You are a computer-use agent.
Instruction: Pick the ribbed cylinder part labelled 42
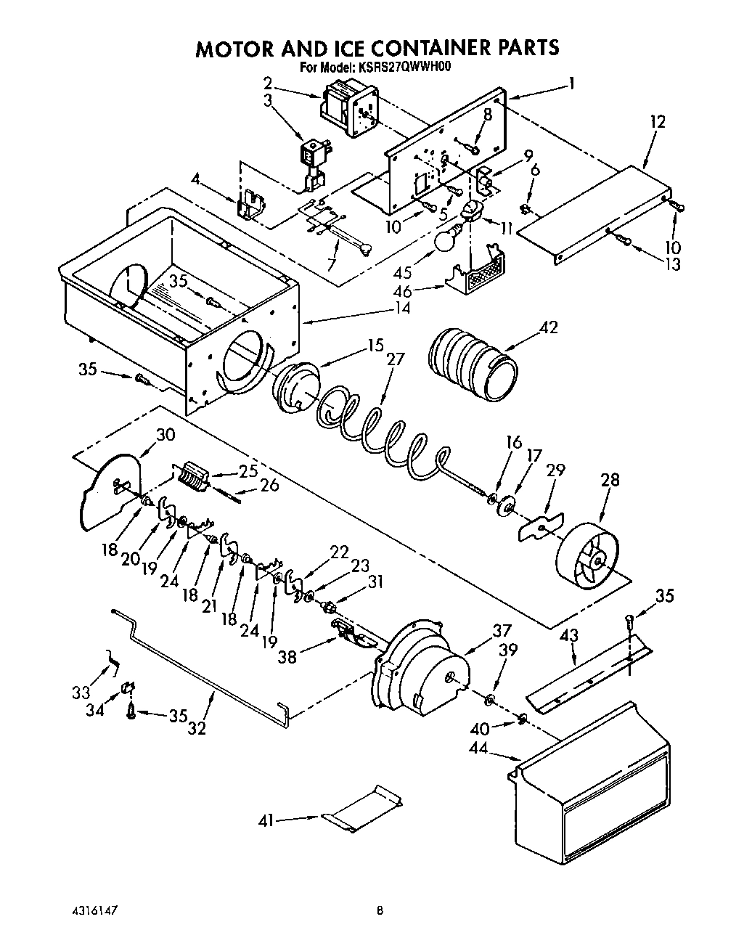[473, 364]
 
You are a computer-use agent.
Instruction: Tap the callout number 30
[165, 434]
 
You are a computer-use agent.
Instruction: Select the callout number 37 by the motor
[501, 632]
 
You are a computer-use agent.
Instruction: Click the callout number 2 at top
[268, 82]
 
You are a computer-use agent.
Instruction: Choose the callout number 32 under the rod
[197, 727]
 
